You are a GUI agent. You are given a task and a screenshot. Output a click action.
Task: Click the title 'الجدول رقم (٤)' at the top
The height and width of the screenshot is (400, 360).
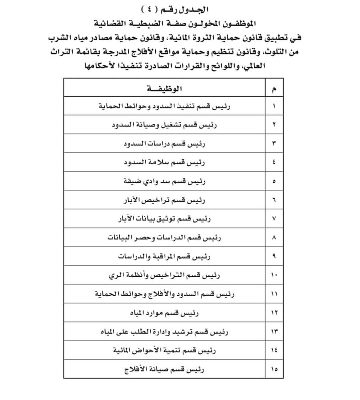tap(178, 9)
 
